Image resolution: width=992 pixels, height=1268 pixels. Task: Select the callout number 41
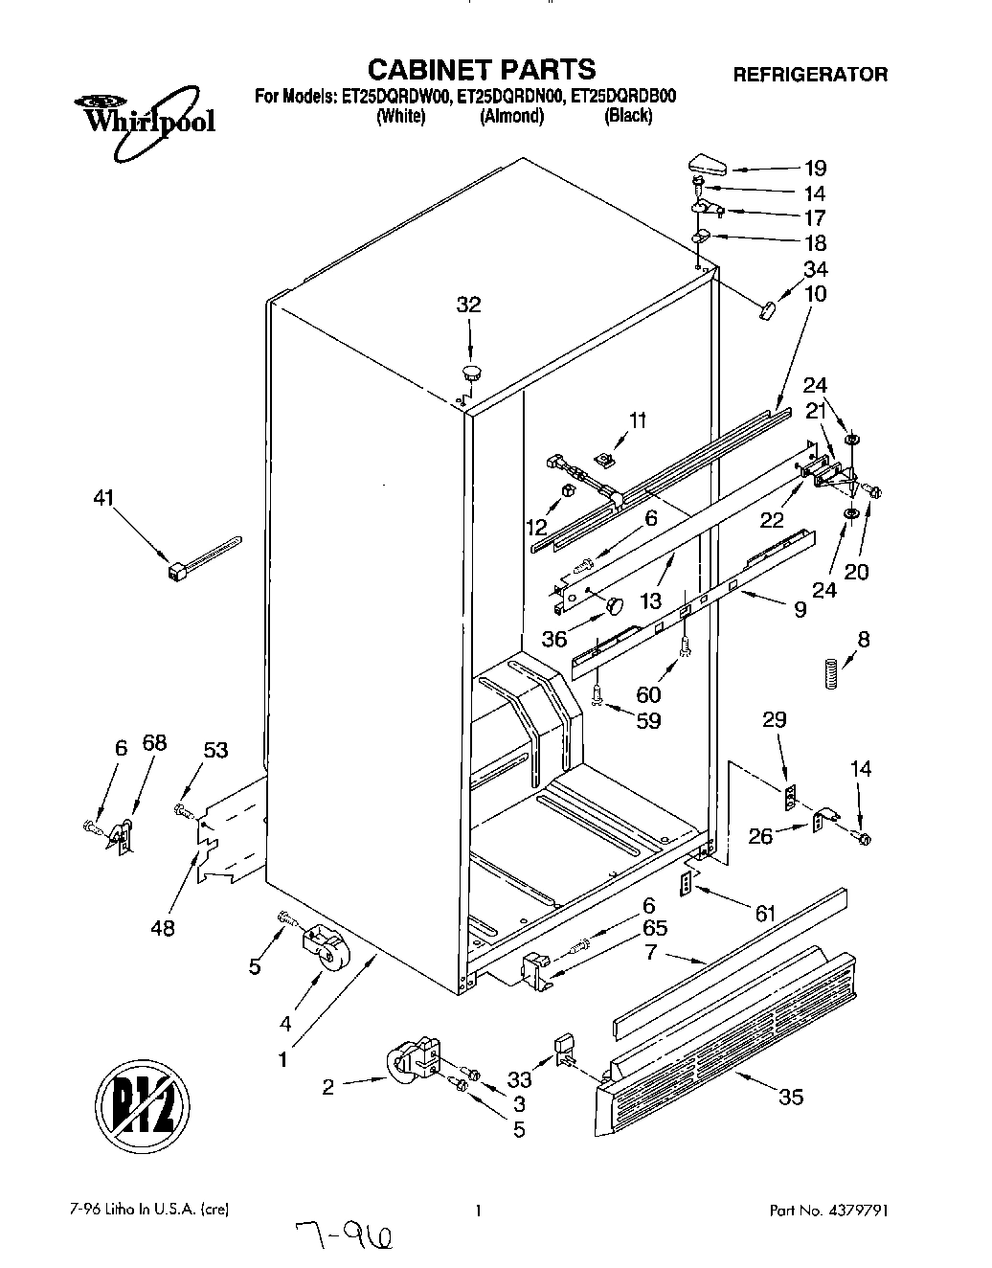pyautogui.click(x=102, y=498)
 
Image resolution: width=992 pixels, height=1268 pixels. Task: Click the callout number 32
pyautogui.click(x=468, y=306)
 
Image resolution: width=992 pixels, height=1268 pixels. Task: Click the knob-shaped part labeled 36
pyautogui.click(x=612, y=604)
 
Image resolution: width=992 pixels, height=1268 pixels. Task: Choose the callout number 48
pyautogui.click(x=163, y=927)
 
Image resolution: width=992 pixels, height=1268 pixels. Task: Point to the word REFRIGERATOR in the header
pyautogui.click(x=809, y=74)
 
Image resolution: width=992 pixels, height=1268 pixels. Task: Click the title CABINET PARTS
pyautogui.click(x=482, y=69)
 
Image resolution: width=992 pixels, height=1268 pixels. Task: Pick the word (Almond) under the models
pyautogui.click(x=511, y=117)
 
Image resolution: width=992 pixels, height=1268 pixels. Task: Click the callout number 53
pyautogui.click(x=215, y=750)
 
